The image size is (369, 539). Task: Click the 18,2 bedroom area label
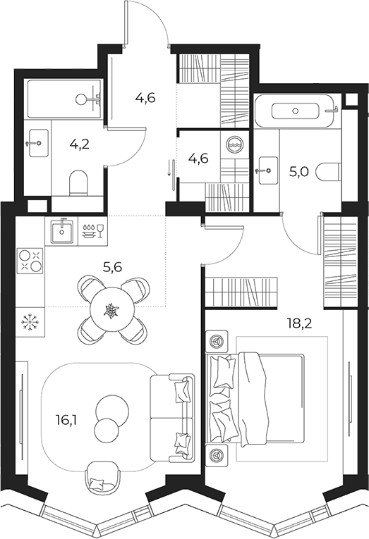(x=300, y=323)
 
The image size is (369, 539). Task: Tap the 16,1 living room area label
(x=66, y=420)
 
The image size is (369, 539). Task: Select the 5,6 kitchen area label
(x=113, y=267)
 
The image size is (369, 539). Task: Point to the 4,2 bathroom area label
(x=80, y=144)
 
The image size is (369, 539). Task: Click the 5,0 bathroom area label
(x=298, y=172)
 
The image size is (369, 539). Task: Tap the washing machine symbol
(x=236, y=144)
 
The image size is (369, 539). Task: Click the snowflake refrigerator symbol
(x=30, y=322)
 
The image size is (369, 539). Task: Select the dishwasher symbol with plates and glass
(x=93, y=230)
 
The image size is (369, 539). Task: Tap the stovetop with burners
(x=30, y=261)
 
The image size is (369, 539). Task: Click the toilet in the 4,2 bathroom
(x=80, y=184)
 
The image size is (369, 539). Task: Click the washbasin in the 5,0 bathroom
(x=268, y=170)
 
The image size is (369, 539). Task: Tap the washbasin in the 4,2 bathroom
(x=38, y=143)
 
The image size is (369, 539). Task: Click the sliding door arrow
(x=169, y=168)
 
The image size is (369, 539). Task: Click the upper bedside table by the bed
(x=217, y=342)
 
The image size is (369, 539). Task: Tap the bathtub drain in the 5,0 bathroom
(x=296, y=111)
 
